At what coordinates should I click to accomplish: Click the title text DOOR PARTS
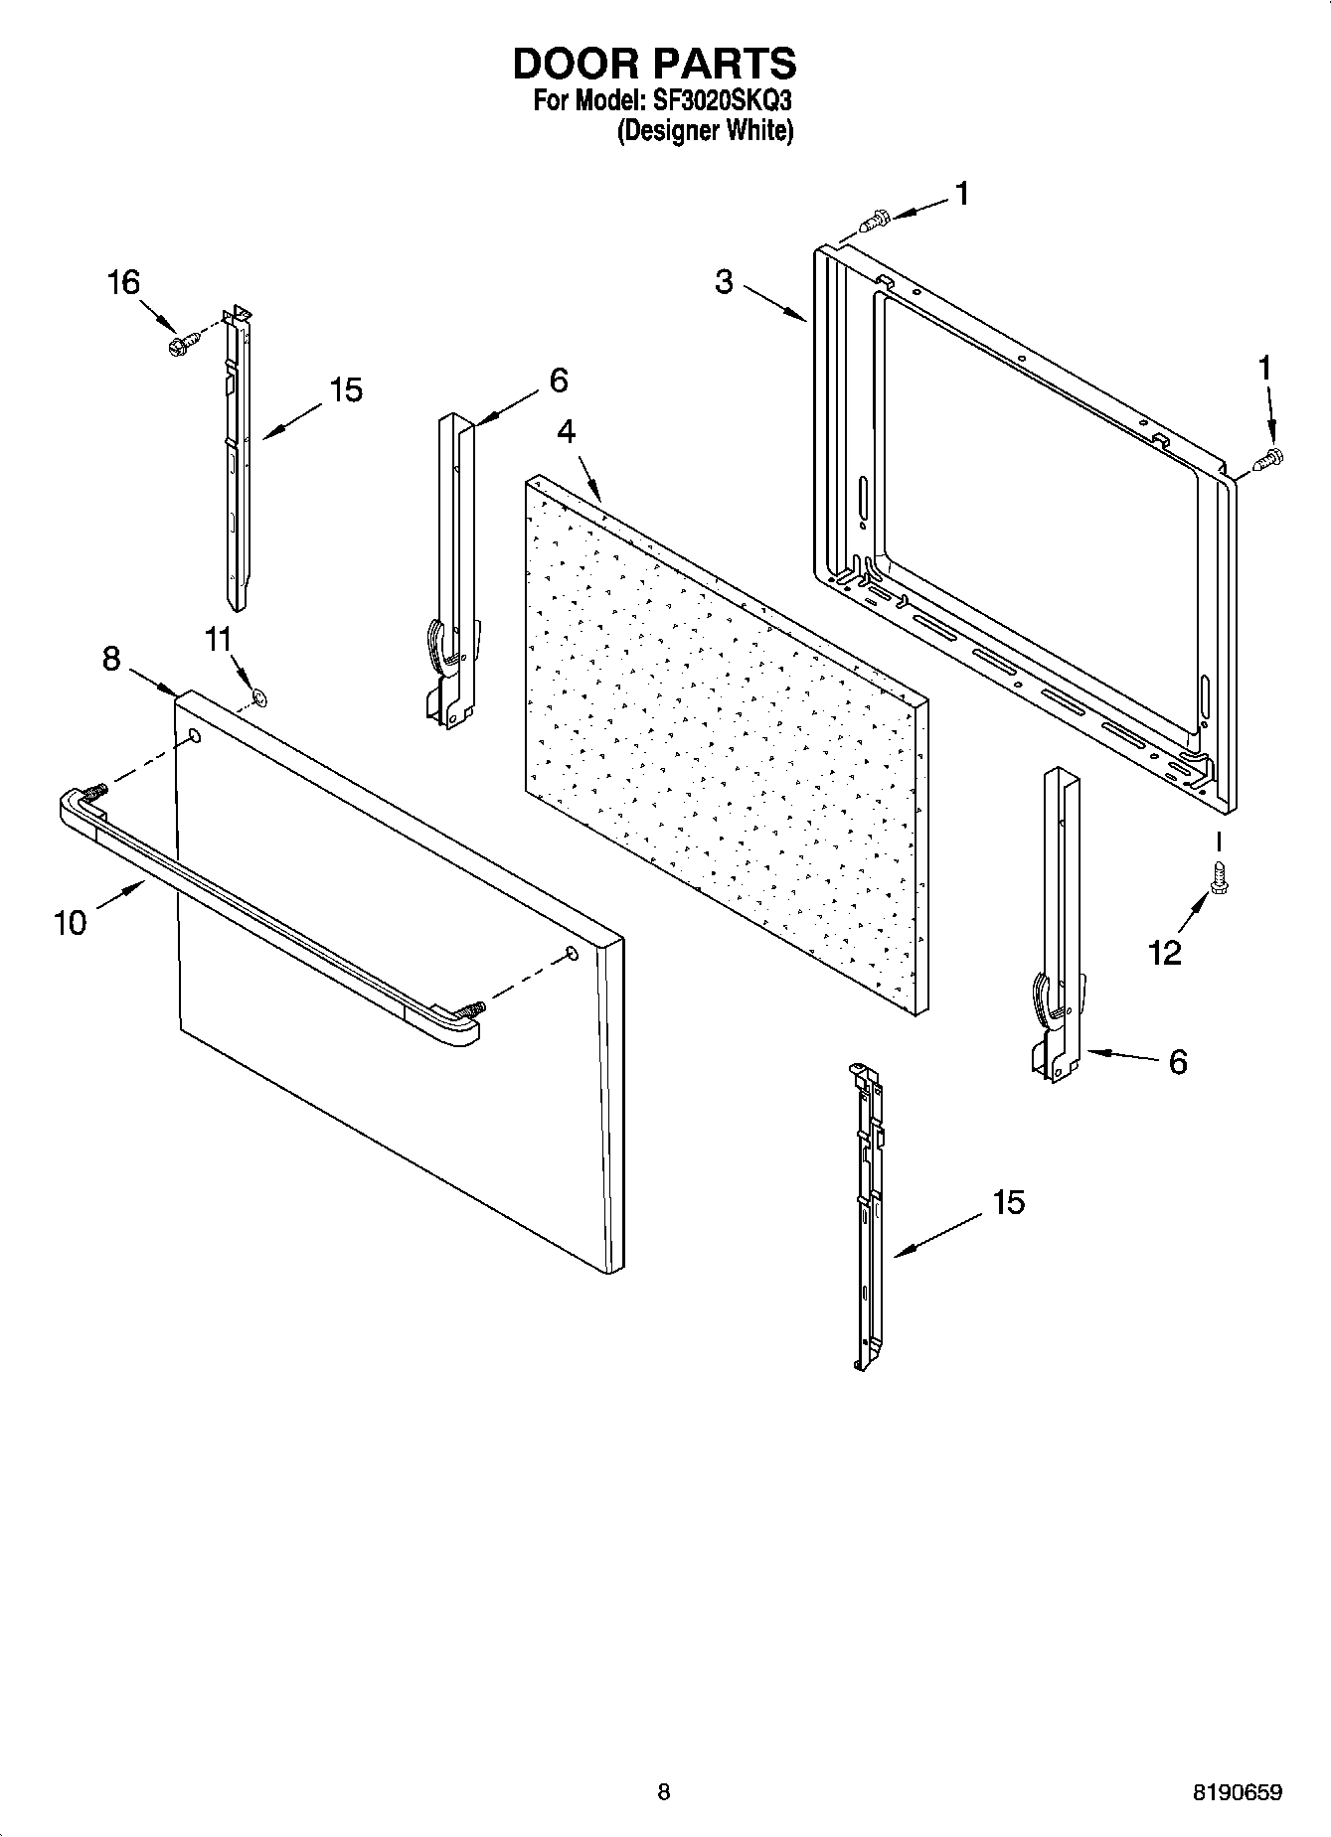[x=654, y=64]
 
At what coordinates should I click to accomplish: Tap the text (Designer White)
[x=705, y=131]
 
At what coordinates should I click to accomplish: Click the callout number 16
[x=123, y=283]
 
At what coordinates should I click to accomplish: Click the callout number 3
[x=724, y=282]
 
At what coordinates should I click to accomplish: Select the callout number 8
[x=111, y=658]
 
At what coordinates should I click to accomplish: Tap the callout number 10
[x=70, y=923]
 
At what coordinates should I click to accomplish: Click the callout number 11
[x=218, y=639]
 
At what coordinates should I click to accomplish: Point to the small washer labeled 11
[x=260, y=697]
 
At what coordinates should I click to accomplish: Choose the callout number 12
[x=1164, y=953]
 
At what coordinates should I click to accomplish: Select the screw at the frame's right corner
[x=1269, y=460]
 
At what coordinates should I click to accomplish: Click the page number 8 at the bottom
[x=664, y=1792]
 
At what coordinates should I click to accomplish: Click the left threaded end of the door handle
[x=95, y=793]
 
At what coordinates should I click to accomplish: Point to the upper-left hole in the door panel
[x=195, y=737]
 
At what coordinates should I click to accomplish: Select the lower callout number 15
[x=1007, y=1202]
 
